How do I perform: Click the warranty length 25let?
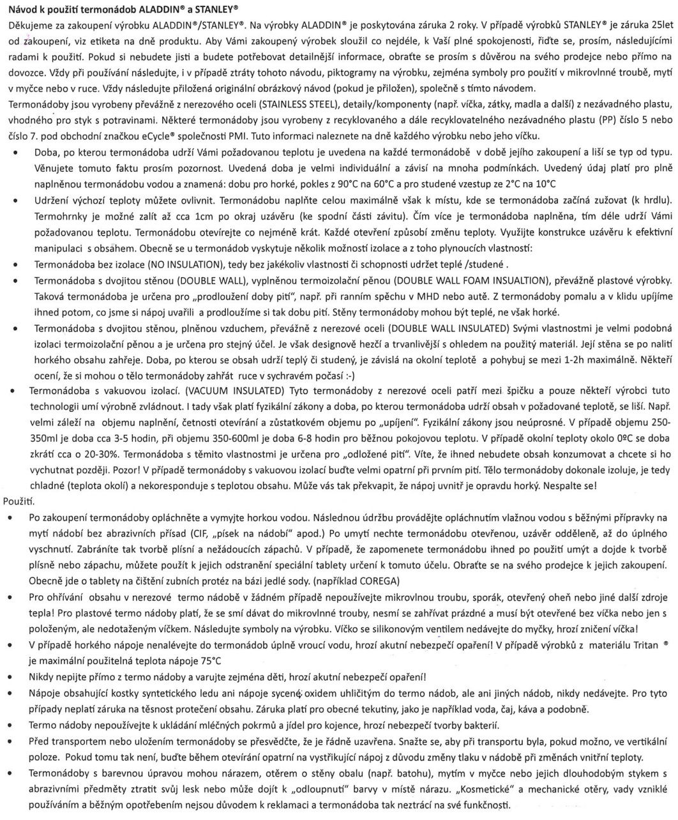[x=660, y=26]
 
